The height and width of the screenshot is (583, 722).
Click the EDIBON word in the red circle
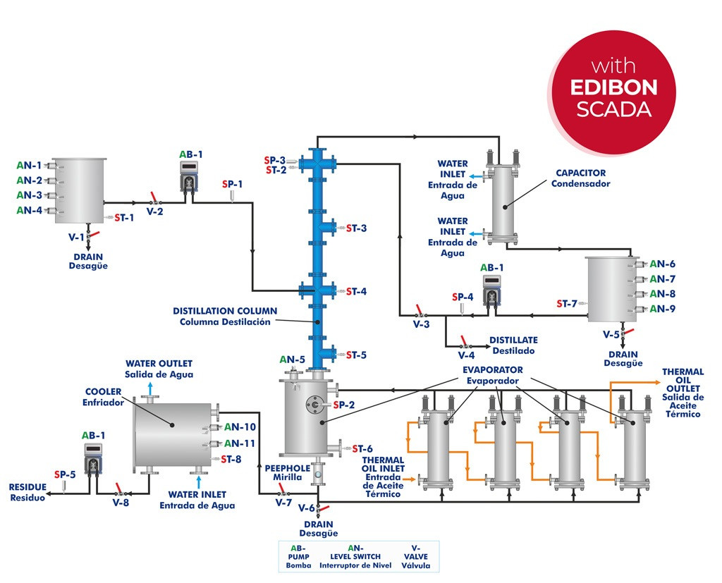613,87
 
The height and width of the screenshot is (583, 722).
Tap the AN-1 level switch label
29,166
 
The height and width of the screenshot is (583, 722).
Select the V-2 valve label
155,210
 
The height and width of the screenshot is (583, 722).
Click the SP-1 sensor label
233,184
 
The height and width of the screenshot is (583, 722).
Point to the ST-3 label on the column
356,228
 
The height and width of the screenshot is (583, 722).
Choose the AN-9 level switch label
663,309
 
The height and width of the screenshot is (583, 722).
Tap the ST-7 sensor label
566,304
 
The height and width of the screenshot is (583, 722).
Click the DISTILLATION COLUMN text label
225,311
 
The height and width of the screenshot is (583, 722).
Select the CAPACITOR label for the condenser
580,173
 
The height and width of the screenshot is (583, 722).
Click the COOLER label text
104,392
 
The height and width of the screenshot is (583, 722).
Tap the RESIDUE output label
27,486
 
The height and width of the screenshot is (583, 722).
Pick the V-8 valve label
121,503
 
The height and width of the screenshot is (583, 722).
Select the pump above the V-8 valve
94,460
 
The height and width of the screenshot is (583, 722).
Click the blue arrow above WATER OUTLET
149,386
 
